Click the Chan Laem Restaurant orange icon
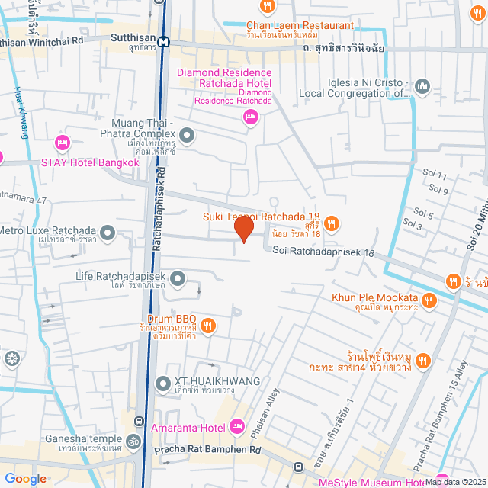coord(268,7)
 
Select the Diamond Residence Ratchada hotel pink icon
coord(249,116)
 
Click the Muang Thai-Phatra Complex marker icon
coord(188,136)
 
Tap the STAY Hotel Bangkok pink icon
coord(63,143)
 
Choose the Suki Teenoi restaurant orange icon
coord(331,223)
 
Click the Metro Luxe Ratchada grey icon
coord(108,232)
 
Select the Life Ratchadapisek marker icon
coord(178,279)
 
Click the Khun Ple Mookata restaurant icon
coord(429,300)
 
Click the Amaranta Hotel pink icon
coord(236,425)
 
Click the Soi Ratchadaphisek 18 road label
coord(324,252)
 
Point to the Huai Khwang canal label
coord(20,112)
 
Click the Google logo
coord(24,478)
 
